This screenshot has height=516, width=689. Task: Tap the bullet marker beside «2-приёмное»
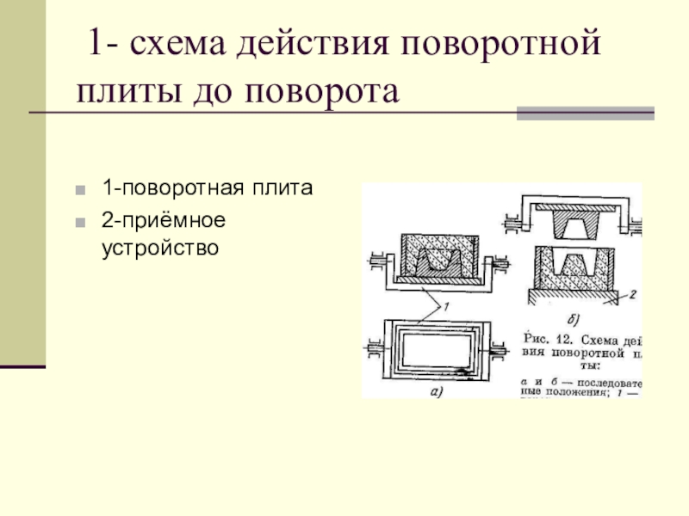coord(80,221)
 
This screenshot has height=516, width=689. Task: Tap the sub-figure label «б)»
coord(572,320)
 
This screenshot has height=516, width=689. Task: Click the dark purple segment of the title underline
coord(585,113)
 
